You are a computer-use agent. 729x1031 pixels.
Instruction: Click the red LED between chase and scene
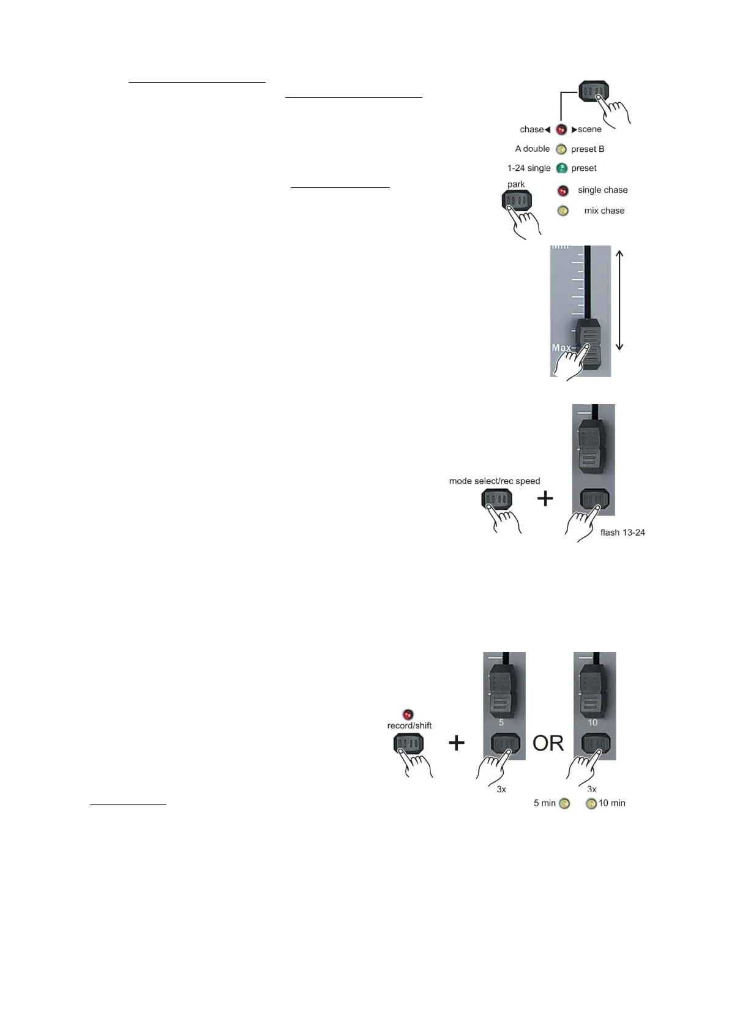[561, 130]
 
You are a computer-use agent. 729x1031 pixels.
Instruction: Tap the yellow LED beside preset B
[561, 149]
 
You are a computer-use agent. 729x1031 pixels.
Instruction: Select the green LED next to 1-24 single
[561, 168]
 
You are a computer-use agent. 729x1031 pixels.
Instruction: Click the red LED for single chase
[563, 190]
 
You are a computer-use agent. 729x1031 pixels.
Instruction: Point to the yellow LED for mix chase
[563, 211]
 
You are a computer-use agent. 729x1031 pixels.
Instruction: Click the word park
[516, 184]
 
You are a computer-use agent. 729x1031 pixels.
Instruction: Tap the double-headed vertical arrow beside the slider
[619, 300]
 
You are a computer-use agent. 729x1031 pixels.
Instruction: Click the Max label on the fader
[562, 348]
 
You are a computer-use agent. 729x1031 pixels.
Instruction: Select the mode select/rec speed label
[495, 481]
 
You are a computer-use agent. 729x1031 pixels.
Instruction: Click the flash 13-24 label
[622, 533]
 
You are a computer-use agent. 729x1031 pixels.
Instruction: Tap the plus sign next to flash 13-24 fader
[545, 498]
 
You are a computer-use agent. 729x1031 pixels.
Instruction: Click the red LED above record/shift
[408, 714]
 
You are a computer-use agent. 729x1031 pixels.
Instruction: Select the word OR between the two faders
[548, 743]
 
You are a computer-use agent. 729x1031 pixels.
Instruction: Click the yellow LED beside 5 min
[564, 804]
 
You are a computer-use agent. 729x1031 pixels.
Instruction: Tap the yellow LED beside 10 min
[591, 804]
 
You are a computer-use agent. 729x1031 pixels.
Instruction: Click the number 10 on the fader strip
[593, 722]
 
